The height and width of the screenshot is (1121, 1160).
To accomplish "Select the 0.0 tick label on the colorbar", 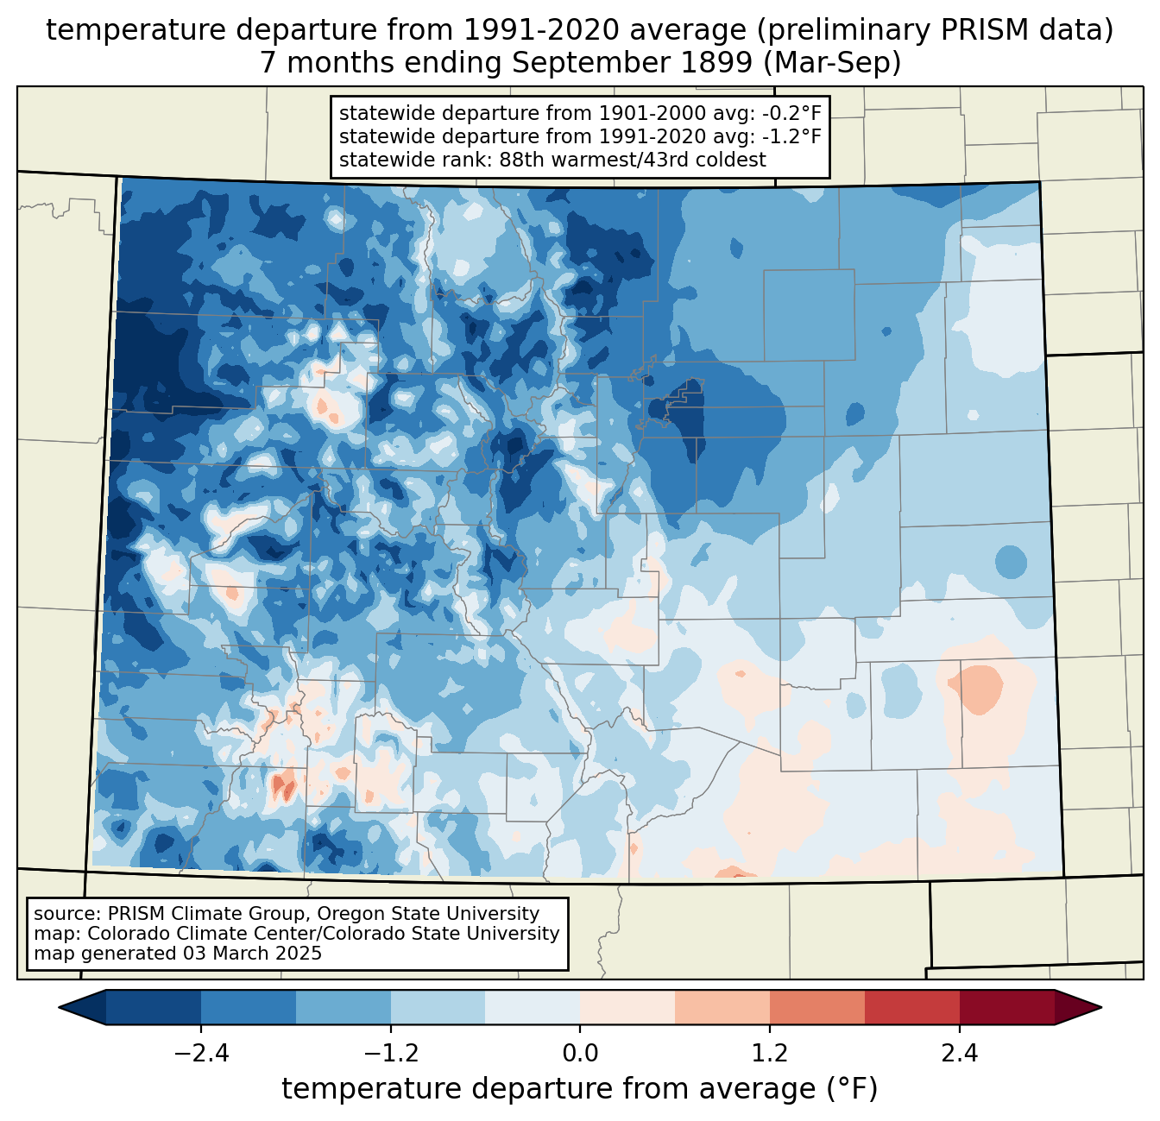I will point(580,1054).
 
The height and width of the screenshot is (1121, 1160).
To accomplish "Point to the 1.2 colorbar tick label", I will point(770,1054).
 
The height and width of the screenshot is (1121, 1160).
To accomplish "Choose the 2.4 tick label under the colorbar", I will point(960,1054).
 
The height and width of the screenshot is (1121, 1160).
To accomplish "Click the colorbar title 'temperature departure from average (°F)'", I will point(580,1089).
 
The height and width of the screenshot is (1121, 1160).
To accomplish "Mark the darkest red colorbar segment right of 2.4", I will point(1006,1007).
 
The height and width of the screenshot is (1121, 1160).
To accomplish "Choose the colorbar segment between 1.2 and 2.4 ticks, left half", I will point(816,1007).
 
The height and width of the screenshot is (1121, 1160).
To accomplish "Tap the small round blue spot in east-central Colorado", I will point(1011,562).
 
